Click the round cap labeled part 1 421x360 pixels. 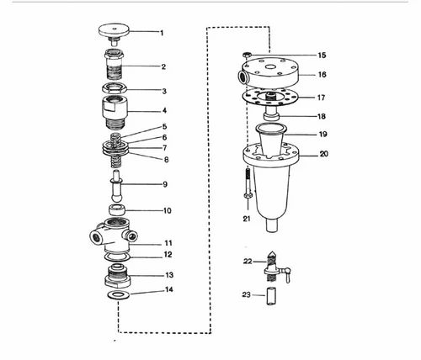tap(114, 31)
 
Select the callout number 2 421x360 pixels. tap(163, 66)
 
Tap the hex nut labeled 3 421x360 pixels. tap(115, 88)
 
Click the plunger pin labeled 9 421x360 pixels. tap(116, 186)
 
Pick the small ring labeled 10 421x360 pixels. tap(117, 209)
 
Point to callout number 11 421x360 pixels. tap(168, 243)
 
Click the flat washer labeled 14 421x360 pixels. tap(118, 295)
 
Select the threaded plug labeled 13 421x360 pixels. tap(117, 276)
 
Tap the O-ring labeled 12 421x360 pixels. tap(117, 257)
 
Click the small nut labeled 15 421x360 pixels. tap(247, 55)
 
